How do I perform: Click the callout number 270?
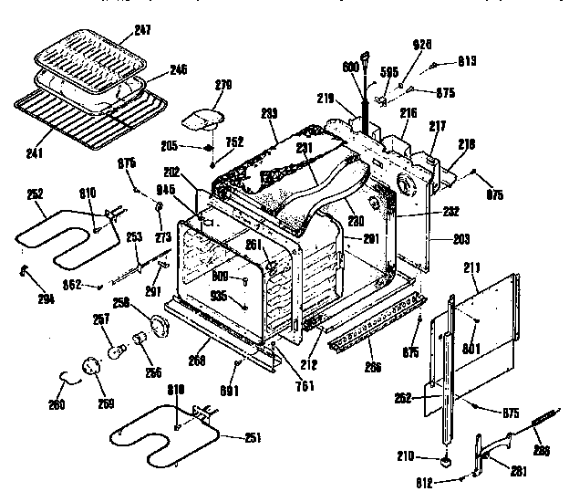pyautogui.click(x=223, y=84)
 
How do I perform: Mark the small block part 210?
pyautogui.click(x=447, y=460)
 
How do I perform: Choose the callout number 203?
pyautogui.click(x=462, y=240)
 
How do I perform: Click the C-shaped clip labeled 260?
pyautogui.click(x=63, y=376)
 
